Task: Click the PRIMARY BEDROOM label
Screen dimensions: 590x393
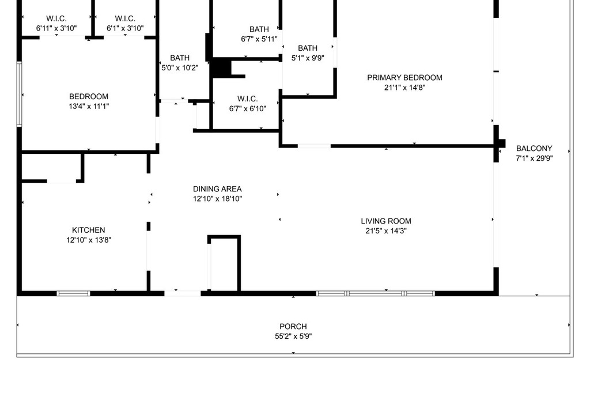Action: [404, 78]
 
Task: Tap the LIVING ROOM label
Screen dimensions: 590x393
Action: [386, 221]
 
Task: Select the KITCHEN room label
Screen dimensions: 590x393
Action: [88, 230]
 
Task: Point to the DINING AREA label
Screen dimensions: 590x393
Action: [217, 189]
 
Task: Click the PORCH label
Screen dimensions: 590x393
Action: [293, 326]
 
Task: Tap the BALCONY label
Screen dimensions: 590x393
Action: [534, 148]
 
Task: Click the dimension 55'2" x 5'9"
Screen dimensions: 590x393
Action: [293, 336]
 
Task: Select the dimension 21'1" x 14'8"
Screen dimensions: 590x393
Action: [404, 88]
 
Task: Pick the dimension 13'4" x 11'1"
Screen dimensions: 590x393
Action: [89, 106]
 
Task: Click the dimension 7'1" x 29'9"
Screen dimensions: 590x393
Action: [534, 158]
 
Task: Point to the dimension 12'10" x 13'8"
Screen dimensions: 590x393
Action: [89, 240]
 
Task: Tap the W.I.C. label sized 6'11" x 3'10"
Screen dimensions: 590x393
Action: [56, 18]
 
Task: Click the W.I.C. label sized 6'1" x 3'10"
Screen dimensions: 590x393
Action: [125, 18]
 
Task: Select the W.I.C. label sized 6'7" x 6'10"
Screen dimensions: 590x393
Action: [248, 99]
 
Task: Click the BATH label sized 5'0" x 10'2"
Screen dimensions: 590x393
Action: [180, 58]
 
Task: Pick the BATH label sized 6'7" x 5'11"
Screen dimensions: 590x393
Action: [259, 29]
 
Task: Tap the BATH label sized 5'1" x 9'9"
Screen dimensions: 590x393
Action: [308, 48]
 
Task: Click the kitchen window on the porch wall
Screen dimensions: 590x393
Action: [73, 293]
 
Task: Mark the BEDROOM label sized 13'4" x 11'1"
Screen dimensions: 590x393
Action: [89, 96]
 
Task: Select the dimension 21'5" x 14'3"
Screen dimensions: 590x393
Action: [386, 230]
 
